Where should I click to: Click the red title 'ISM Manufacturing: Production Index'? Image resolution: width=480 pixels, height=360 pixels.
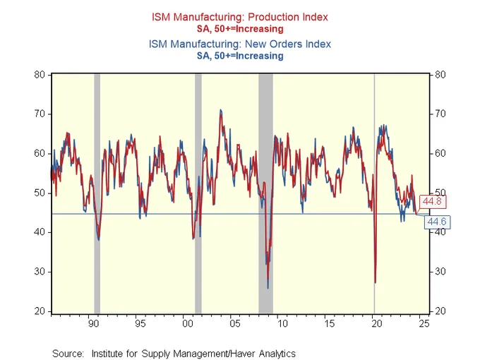coord(239,17)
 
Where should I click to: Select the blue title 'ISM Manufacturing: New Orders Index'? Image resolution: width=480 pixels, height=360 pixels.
coord(239,44)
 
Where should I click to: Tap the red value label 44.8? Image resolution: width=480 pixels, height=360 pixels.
coord(431,203)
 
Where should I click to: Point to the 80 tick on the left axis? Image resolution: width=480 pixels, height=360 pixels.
coord(40,74)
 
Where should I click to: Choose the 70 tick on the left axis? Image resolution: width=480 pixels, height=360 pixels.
coord(40,114)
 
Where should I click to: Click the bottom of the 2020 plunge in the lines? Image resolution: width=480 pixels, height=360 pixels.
coord(375,282)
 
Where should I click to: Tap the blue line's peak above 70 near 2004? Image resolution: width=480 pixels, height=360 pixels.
coord(220,110)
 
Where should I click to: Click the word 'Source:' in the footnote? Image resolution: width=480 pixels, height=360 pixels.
coord(67,353)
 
